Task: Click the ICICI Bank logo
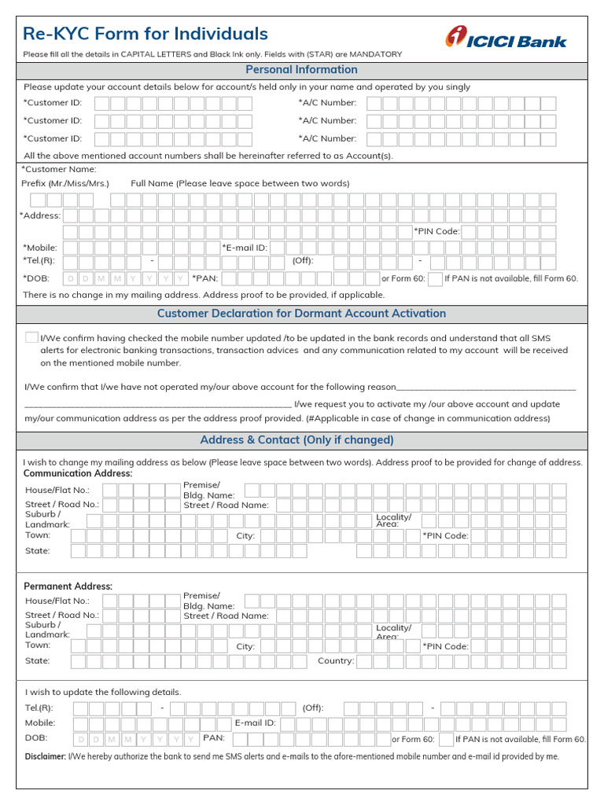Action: pyautogui.click(x=506, y=38)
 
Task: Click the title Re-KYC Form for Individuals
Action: pyautogui.click(x=145, y=34)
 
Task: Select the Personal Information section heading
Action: pyautogui.click(x=301, y=70)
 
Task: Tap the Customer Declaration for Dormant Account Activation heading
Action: pyautogui.click(x=301, y=314)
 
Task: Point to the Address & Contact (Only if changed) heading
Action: pyautogui.click(x=296, y=440)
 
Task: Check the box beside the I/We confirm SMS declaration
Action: pyautogui.click(x=31, y=337)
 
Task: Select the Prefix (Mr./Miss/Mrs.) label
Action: pyautogui.click(x=65, y=183)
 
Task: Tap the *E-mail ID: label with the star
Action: pyautogui.click(x=245, y=248)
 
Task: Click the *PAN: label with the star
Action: pyautogui.click(x=206, y=278)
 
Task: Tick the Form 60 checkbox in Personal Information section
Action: pyautogui.click(x=435, y=278)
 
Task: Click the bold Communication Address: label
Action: pyautogui.click(x=78, y=474)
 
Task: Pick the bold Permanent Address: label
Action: pyautogui.click(x=68, y=586)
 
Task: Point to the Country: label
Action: pyautogui.click(x=336, y=661)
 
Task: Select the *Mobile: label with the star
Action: pyautogui.click(x=40, y=248)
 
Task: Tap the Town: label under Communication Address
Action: pyautogui.click(x=38, y=535)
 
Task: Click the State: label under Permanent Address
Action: pyautogui.click(x=38, y=661)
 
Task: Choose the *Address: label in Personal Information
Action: pyautogui.click(x=39, y=215)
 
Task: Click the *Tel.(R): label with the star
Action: pyautogui.click(x=39, y=260)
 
